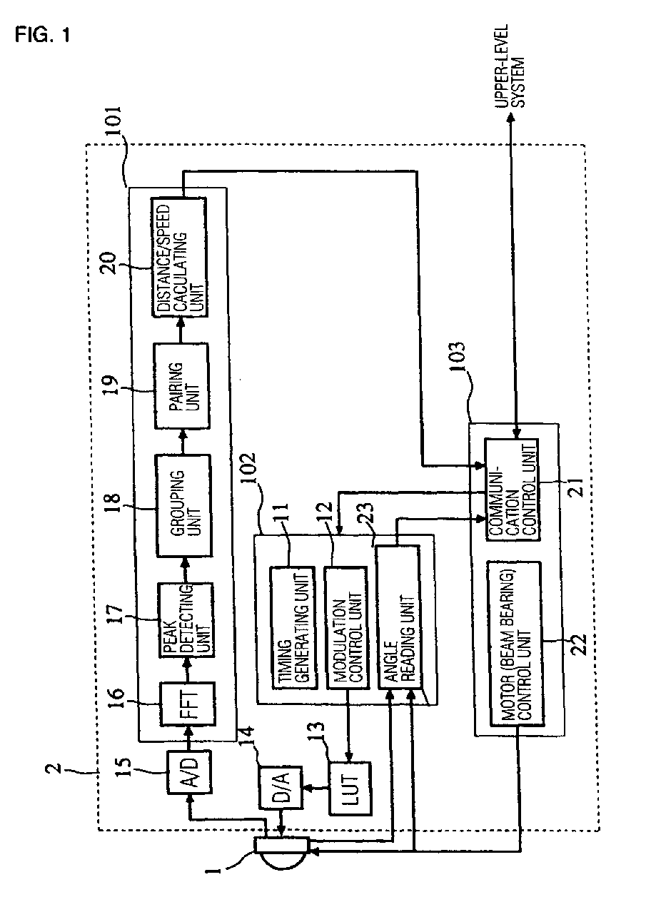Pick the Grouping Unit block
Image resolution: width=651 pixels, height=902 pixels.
(183, 505)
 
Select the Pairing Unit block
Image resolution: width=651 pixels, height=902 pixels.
(181, 386)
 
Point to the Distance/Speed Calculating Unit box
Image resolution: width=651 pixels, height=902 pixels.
(179, 257)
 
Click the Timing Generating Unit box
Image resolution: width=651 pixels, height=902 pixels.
(293, 628)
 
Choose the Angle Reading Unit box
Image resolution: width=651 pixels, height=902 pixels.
(399, 616)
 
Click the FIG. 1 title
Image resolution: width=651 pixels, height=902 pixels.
(42, 35)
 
